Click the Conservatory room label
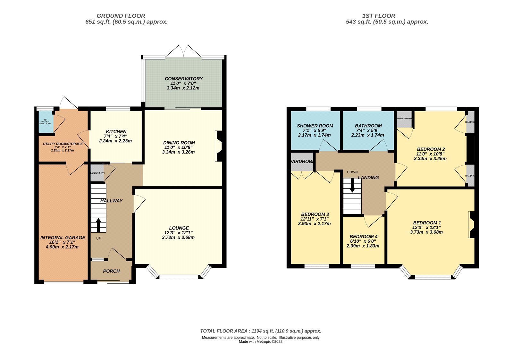click(183, 79)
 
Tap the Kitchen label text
click(116, 131)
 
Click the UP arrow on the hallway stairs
click(98, 225)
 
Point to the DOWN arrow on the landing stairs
click(352, 186)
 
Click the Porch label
click(111, 271)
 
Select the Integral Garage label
click(63, 238)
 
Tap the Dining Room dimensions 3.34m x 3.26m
click(178, 152)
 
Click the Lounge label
click(179, 228)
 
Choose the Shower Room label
click(315, 126)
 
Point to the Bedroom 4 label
click(363, 237)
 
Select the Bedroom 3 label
click(315, 214)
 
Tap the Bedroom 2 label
click(431, 149)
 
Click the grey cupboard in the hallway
click(97, 173)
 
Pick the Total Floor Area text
click(260, 331)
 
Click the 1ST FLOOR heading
click(379, 16)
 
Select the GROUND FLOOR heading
click(121, 16)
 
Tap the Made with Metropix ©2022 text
click(260, 342)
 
